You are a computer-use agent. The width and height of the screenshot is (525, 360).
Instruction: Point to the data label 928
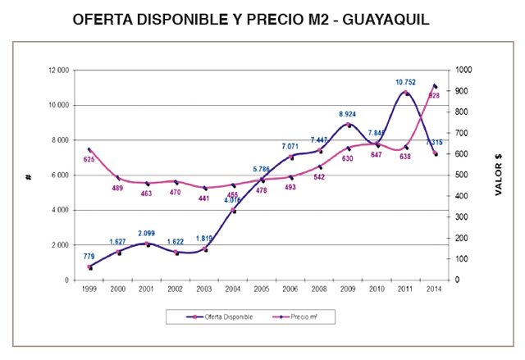pos(434,96)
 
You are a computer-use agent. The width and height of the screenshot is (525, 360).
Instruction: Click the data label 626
pos(89,159)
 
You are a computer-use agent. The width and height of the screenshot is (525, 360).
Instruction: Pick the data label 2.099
pos(147,235)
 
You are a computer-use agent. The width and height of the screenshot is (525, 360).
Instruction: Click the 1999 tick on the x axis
pos(89,289)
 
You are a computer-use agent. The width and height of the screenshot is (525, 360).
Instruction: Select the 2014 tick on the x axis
pos(435,289)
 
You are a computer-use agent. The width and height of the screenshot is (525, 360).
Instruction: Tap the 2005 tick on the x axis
pos(262,289)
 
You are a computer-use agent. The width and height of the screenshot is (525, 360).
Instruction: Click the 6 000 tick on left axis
pos(60,175)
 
